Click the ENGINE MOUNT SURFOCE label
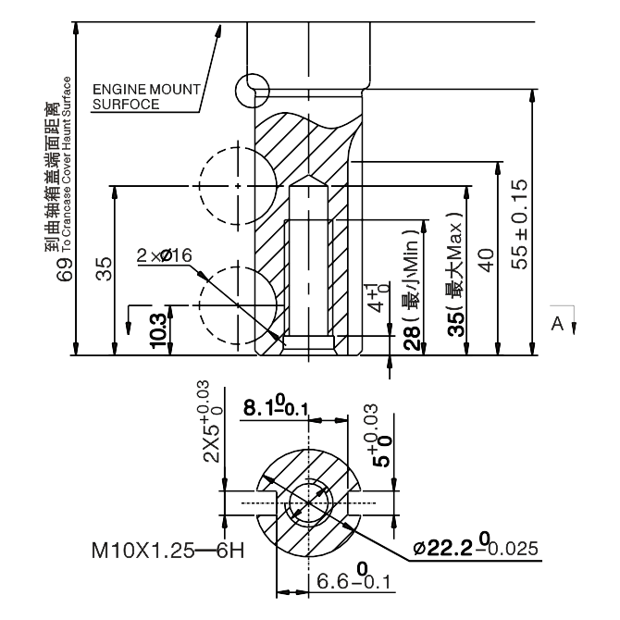click(x=145, y=96)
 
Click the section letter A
click(x=557, y=323)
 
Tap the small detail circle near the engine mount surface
click(x=252, y=90)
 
